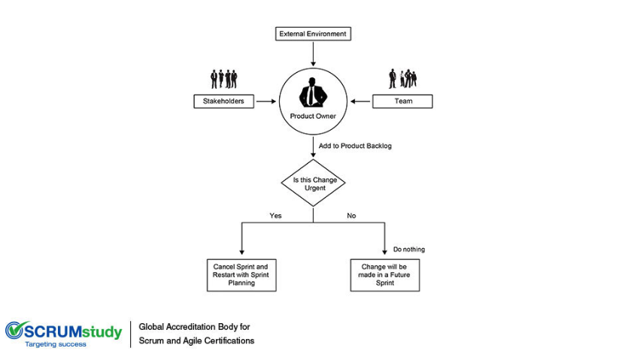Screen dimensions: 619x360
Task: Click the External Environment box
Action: coord(313,34)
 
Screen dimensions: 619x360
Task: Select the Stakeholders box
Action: coord(224,101)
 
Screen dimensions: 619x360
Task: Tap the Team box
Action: coord(402,101)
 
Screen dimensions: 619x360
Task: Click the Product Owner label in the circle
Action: coord(313,116)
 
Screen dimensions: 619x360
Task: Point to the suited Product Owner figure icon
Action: coord(313,92)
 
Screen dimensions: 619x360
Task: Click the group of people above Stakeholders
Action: coord(224,79)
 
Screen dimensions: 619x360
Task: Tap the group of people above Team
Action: coord(402,78)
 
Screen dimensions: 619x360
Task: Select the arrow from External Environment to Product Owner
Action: coord(313,53)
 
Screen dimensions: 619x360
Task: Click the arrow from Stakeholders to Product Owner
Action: coord(266,101)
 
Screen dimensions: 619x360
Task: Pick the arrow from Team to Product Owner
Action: coord(360,101)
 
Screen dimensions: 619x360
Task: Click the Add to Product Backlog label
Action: coord(355,146)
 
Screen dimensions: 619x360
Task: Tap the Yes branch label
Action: coord(275,216)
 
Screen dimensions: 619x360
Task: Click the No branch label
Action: coord(351,216)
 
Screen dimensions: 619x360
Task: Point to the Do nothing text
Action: coord(409,250)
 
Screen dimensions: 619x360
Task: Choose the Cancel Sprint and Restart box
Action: coord(241,275)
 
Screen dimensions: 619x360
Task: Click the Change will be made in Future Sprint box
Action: coord(385,275)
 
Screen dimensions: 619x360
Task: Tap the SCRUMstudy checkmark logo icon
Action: coord(15,330)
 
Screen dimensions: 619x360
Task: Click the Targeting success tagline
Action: coord(56,344)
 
